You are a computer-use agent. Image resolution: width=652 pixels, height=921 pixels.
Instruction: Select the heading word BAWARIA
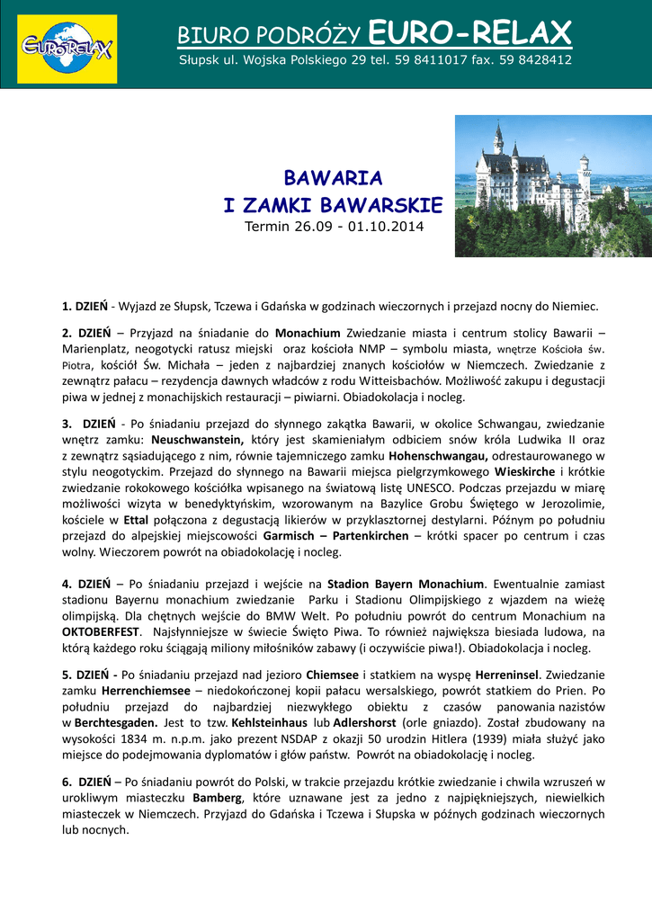333,177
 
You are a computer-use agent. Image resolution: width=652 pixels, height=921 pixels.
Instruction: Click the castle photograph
552,185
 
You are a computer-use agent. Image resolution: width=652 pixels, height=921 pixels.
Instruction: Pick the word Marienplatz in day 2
96,348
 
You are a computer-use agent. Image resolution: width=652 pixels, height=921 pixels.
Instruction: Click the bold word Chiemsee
333,675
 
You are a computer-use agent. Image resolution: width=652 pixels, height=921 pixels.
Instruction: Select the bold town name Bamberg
218,799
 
